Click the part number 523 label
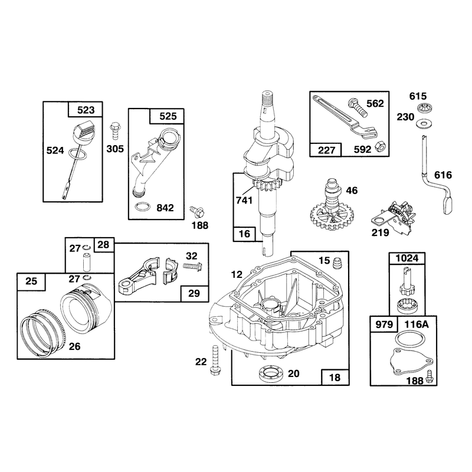(86, 110)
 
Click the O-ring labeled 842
(142, 208)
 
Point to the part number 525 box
(167, 116)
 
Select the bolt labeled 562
(358, 107)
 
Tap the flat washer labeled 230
(422, 123)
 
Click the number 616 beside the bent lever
(443, 175)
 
